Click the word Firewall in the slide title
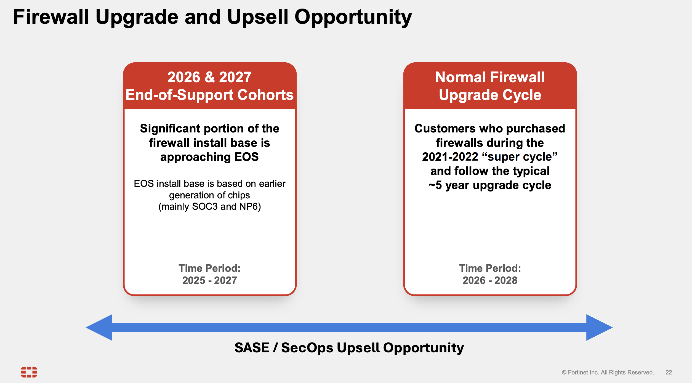(x=51, y=17)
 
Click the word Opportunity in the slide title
(x=353, y=17)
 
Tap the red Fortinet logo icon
(x=29, y=372)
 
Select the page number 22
(x=669, y=372)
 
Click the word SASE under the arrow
(x=252, y=348)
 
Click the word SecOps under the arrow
(x=307, y=348)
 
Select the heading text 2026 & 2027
(x=209, y=77)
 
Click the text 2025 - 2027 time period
(x=209, y=280)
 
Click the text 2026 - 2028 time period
(x=490, y=280)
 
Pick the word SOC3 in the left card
(x=205, y=206)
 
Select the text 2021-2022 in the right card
(x=450, y=157)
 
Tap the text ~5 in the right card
(x=435, y=185)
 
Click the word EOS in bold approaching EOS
(x=246, y=157)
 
